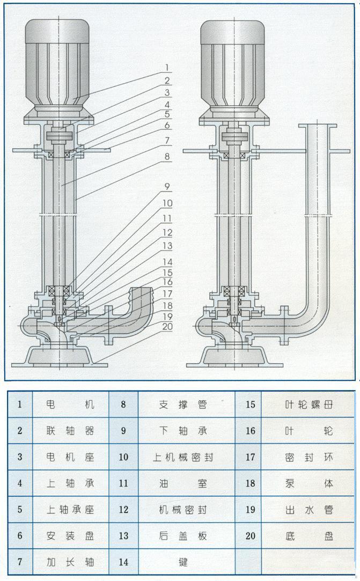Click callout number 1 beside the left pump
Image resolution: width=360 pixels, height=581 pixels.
click(167, 68)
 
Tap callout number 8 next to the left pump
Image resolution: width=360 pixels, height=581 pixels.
click(167, 158)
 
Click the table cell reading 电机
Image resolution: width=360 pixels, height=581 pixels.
click(70, 405)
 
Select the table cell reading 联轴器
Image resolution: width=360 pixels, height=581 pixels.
click(70, 431)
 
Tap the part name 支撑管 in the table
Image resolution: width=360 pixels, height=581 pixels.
click(183, 405)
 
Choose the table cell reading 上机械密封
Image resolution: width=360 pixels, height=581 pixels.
click(183, 457)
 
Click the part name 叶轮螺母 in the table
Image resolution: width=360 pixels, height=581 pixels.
click(309, 405)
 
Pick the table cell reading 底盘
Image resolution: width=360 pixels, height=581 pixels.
click(309, 535)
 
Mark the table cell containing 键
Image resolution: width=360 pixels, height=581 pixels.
click(183, 562)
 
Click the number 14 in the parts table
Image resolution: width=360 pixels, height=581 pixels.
click(123, 562)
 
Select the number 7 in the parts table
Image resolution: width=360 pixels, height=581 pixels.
click(20, 562)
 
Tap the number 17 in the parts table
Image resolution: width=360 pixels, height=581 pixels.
click(250, 457)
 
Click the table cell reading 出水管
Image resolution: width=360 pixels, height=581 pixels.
click(309, 509)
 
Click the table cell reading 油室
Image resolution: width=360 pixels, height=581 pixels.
click(183, 483)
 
